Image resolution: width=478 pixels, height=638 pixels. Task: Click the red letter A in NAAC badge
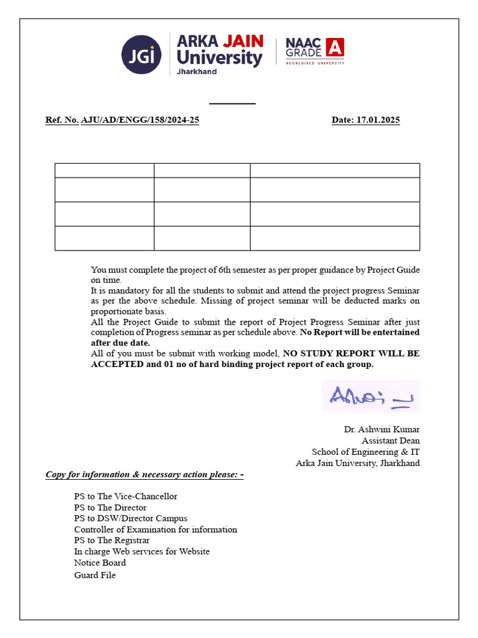(x=335, y=47)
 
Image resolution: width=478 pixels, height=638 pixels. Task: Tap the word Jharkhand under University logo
(x=197, y=72)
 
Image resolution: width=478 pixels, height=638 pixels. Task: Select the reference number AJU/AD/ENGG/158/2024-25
(x=140, y=120)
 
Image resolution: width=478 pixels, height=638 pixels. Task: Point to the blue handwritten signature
(x=371, y=396)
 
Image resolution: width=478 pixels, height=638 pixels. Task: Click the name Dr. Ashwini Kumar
(x=382, y=429)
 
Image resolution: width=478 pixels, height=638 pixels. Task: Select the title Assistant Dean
(x=391, y=440)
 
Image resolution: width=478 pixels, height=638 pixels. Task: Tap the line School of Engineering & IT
(x=365, y=452)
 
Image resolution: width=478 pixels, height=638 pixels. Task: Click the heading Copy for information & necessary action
(x=144, y=475)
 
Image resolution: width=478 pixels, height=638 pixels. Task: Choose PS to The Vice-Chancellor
(x=126, y=497)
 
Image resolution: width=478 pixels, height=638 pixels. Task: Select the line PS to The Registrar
(x=112, y=540)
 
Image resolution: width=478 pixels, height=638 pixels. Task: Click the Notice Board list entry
(x=100, y=563)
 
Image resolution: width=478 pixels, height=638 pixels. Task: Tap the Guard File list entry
(x=95, y=575)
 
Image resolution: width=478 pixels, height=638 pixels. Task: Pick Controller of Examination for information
(x=156, y=530)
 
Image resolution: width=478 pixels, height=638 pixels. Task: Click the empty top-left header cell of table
(x=105, y=170)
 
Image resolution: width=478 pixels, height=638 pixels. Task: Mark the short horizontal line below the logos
(x=232, y=103)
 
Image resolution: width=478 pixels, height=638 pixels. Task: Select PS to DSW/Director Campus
(x=131, y=518)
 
